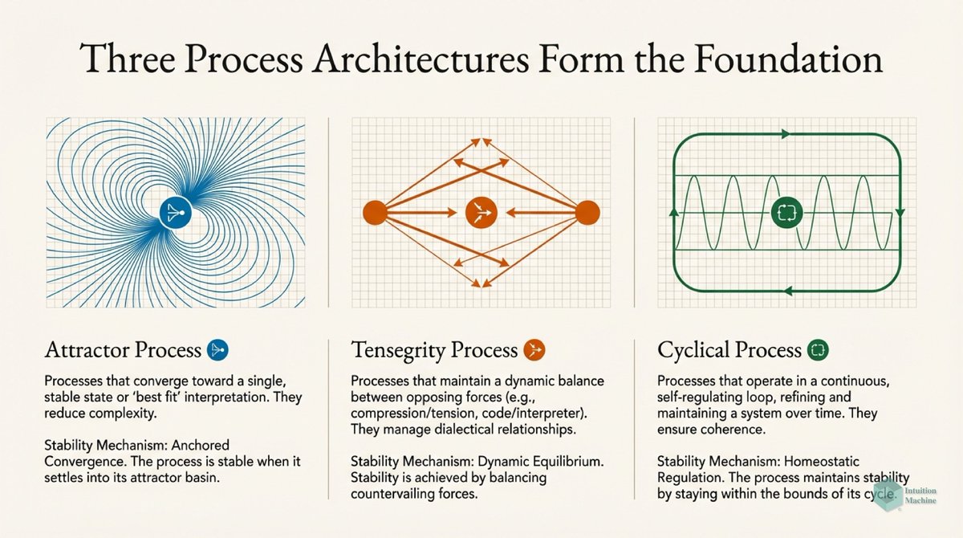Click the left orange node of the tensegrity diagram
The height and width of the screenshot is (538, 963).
pos(375,213)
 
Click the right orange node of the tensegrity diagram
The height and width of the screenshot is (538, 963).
pos(587,213)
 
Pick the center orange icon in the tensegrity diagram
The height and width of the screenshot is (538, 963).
pos(481,213)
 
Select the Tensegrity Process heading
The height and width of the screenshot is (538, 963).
pos(434,350)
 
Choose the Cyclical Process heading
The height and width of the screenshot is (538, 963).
pos(729,350)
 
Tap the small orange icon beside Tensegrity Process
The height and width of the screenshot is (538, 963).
pos(534,350)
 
